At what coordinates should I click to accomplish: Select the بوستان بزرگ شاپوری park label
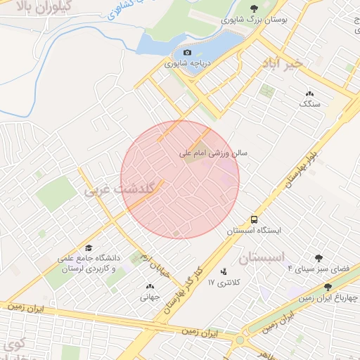[x=255, y=21]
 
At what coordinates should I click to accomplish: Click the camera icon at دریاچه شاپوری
[x=187, y=52]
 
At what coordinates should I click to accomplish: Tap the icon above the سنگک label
[x=309, y=94]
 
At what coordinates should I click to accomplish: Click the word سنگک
[x=309, y=104]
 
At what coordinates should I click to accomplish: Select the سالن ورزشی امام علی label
[x=210, y=153]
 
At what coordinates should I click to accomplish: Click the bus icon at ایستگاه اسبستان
[x=254, y=219]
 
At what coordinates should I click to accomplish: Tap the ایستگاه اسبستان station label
[x=254, y=230]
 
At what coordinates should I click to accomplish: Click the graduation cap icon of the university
[x=89, y=248]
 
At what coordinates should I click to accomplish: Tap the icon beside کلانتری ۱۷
[x=224, y=271]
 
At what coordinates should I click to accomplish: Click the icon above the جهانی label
[x=150, y=286]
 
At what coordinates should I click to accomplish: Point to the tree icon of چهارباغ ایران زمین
[x=328, y=287]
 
